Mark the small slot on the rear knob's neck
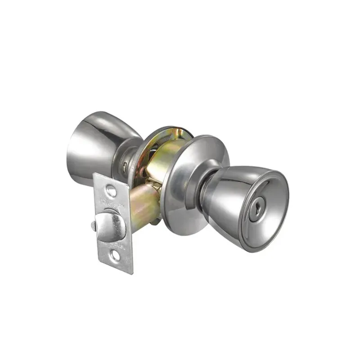tap(123, 167)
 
